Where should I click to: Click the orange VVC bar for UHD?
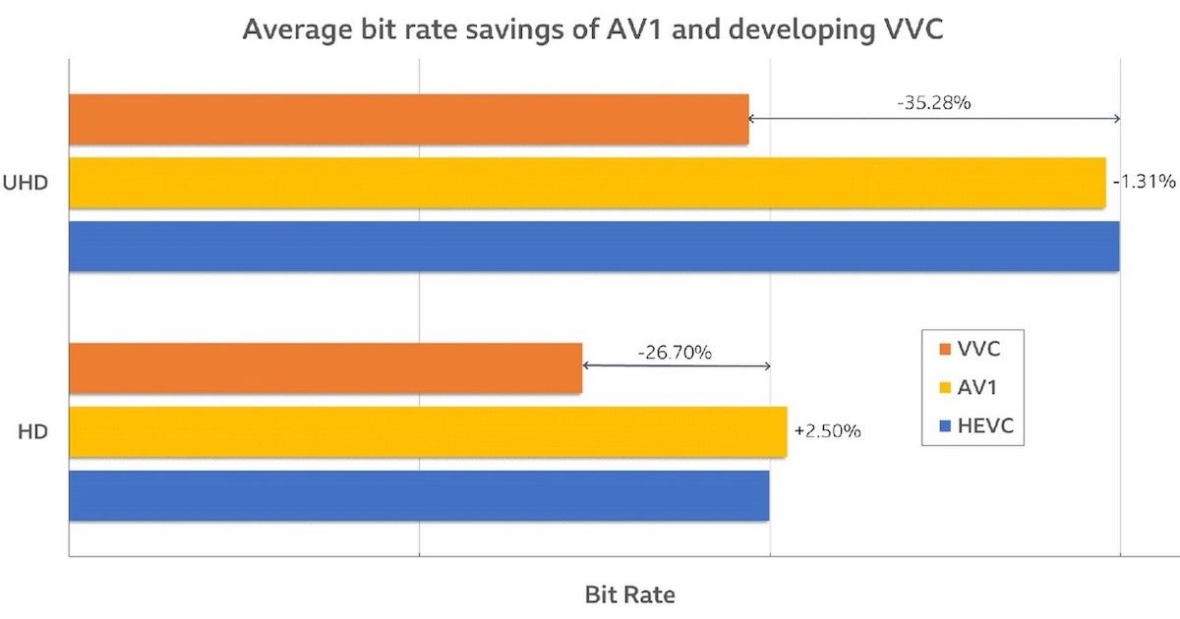click(408, 119)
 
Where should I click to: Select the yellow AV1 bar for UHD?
click(587, 183)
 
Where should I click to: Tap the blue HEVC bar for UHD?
click(594, 246)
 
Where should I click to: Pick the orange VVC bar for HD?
click(325, 367)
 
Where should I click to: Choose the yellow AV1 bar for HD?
click(428, 431)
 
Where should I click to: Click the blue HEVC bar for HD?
click(419, 495)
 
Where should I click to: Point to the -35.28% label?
click(933, 101)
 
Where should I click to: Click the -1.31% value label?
click(1144, 182)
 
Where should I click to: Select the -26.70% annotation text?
click(675, 351)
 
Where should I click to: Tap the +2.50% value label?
click(828, 431)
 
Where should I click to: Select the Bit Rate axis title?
click(629, 594)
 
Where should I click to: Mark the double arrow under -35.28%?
click(934, 119)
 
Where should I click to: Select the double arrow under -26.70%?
click(677, 366)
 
